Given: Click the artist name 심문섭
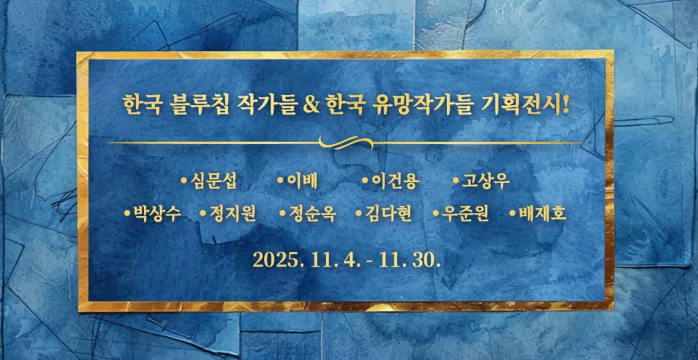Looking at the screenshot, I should click(214, 181).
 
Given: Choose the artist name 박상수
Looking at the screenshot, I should click(156, 215).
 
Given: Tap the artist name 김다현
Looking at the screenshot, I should click(388, 215).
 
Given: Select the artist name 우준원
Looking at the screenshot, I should click(465, 215).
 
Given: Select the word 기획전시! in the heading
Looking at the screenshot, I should click(523, 107).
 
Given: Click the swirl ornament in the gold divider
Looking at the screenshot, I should click(349, 143).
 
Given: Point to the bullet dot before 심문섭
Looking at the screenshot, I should click(184, 180).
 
